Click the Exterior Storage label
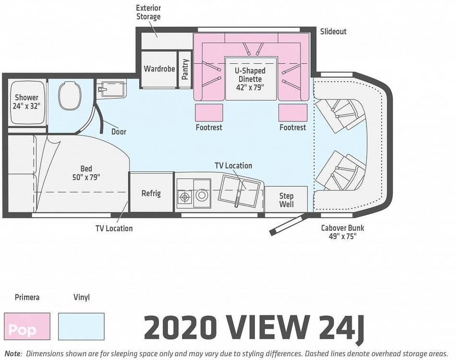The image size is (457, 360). [x=148, y=12]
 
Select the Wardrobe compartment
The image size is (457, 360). [x=159, y=69]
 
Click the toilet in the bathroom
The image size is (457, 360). [x=70, y=95]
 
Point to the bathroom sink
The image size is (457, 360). [x=111, y=89]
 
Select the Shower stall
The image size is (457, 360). [x=26, y=102]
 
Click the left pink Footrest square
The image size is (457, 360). [x=209, y=113]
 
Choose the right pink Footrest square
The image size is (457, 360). [x=293, y=113]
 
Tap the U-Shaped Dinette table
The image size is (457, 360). [x=251, y=79]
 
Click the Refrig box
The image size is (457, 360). [x=151, y=192]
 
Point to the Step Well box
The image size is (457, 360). [x=286, y=199]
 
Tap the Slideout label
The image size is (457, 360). [x=333, y=32]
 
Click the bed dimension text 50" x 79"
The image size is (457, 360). [x=86, y=177]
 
